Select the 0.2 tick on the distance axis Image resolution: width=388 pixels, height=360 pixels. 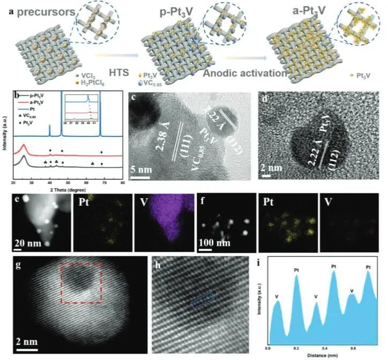[x=296, y=348]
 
